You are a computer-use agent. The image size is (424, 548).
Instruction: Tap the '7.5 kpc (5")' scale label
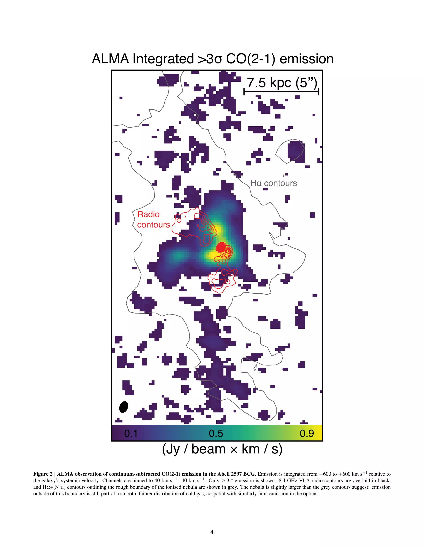pyautogui.click(x=282, y=83)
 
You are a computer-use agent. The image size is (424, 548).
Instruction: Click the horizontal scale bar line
pyautogui.click(x=281, y=92)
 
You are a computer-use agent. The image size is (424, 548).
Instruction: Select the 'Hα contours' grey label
pyautogui.click(x=273, y=183)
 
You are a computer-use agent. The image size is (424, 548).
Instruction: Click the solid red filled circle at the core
pyautogui.click(x=221, y=247)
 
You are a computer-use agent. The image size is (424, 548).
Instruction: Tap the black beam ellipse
pyautogui.click(x=124, y=407)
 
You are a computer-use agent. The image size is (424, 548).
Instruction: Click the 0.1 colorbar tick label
pyautogui.click(x=131, y=433)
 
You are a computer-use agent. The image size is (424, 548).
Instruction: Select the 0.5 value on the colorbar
pyautogui.click(x=216, y=433)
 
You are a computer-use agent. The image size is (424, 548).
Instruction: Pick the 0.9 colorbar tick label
pyautogui.click(x=307, y=433)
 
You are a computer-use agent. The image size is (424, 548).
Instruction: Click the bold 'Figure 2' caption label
pyautogui.click(x=42, y=474)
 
